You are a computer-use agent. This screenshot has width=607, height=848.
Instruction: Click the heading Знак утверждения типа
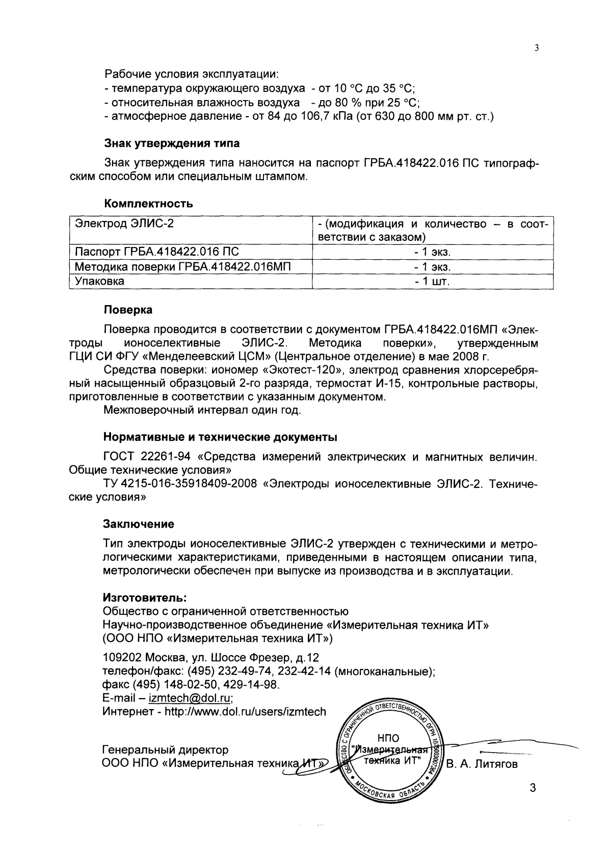[172, 142]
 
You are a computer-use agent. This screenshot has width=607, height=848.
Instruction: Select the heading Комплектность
[148, 204]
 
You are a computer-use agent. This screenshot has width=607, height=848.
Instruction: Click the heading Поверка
[128, 310]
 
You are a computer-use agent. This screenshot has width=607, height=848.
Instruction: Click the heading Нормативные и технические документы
[220, 437]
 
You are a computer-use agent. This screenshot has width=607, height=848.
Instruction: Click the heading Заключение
[139, 524]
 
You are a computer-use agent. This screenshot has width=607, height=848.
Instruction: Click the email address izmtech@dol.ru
[191, 697]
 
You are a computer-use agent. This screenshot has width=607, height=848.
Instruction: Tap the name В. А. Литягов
[482, 764]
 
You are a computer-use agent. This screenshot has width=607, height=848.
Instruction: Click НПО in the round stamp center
[388, 738]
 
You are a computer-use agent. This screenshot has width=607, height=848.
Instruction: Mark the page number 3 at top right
[536, 48]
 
